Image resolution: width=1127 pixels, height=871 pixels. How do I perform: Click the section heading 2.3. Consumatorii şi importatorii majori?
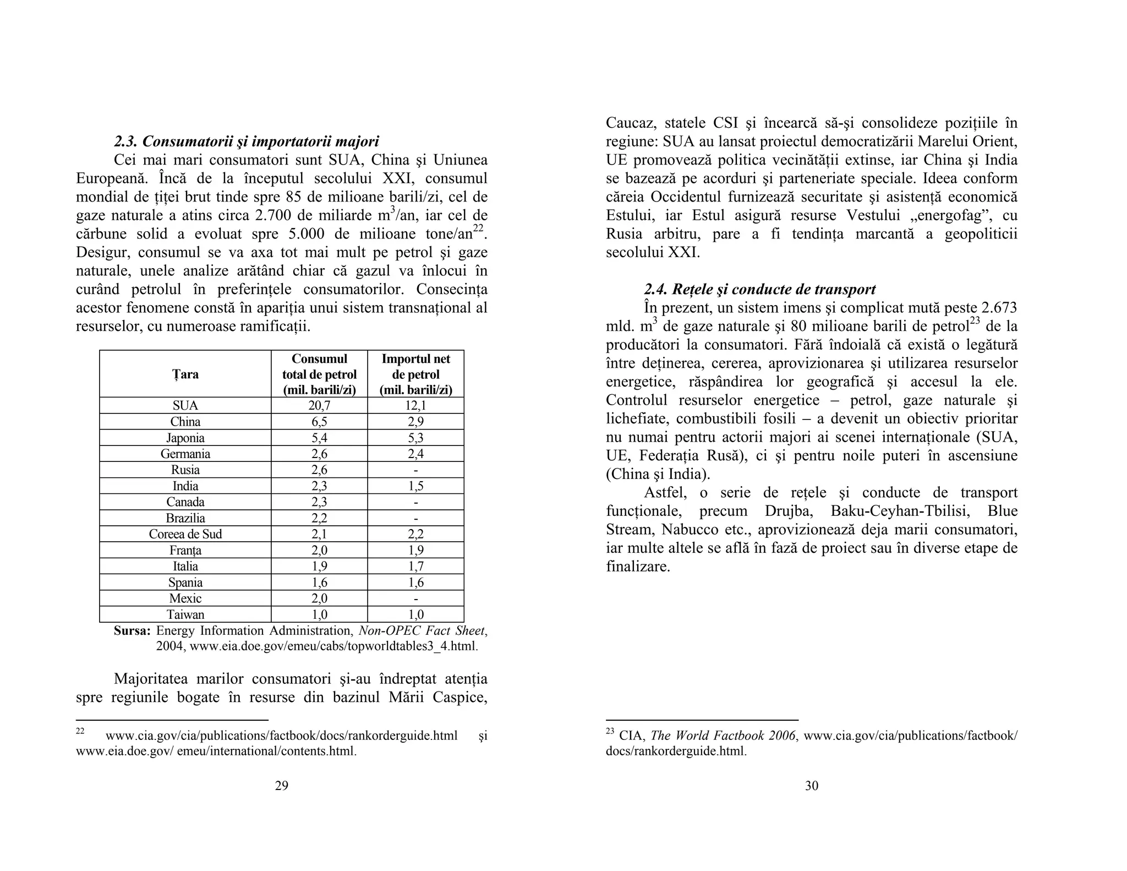(x=247, y=141)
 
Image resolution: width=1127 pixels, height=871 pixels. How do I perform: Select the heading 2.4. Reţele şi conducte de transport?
(x=760, y=290)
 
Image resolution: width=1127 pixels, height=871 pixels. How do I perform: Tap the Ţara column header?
(x=185, y=374)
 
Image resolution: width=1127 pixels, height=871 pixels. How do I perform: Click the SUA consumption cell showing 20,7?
(x=319, y=406)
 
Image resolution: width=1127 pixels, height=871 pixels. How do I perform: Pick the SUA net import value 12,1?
(x=415, y=406)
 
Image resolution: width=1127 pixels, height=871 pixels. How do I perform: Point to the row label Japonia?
(x=185, y=438)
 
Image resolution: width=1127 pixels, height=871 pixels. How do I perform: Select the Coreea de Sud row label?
(x=185, y=535)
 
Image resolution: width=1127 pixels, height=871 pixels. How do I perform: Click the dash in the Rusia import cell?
(x=415, y=471)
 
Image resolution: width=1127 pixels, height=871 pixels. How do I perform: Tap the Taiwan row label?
(x=185, y=615)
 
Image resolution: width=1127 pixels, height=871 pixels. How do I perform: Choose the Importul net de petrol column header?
(x=415, y=374)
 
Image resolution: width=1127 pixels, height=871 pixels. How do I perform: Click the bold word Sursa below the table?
(x=132, y=631)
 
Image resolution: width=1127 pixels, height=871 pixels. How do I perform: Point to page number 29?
(x=281, y=786)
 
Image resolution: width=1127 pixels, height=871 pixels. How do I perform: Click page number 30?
(x=812, y=786)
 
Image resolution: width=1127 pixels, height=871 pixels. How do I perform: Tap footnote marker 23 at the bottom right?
(x=610, y=732)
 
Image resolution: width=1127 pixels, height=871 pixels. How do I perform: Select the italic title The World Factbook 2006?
(x=723, y=736)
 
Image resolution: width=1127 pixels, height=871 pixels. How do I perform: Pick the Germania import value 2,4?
(x=415, y=454)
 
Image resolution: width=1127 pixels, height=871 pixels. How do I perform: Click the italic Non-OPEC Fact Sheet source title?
(x=422, y=631)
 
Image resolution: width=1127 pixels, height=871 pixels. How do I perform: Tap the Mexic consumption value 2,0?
(x=319, y=599)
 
